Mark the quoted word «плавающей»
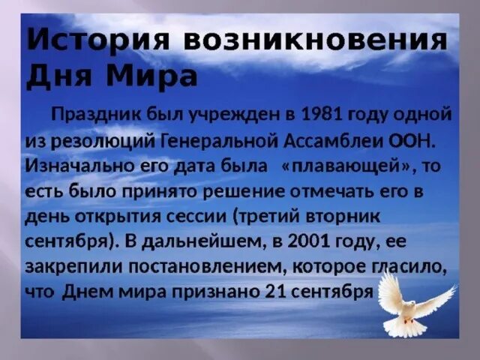pos(338,165)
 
